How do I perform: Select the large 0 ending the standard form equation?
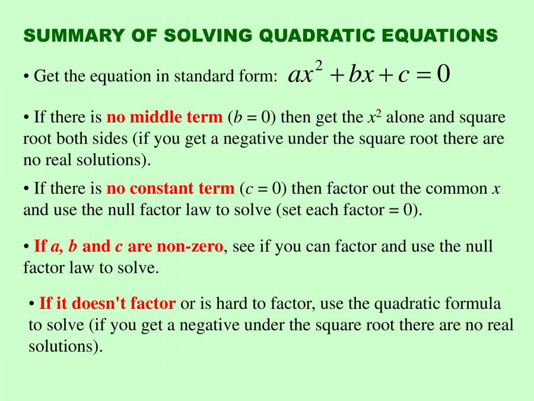click(x=443, y=74)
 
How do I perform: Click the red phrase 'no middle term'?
click(x=164, y=118)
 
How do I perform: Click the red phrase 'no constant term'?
click(x=170, y=189)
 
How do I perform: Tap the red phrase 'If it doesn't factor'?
click(x=107, y=304)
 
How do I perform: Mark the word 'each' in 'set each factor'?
click(x=325, y=210)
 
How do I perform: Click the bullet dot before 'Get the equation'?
click(x=27, y=77)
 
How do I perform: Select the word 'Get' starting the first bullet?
click(x=45, y=77)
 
